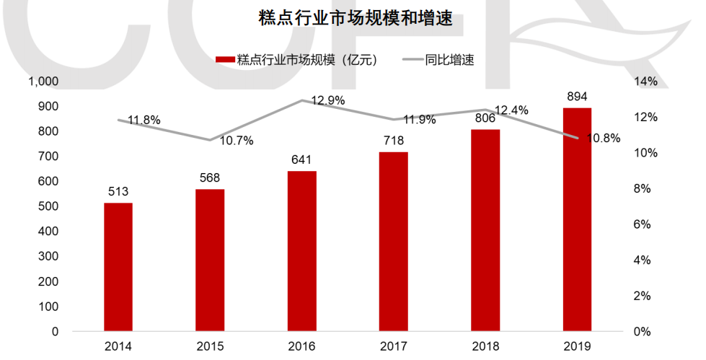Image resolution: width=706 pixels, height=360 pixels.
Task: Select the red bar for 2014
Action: [x=118, y=267]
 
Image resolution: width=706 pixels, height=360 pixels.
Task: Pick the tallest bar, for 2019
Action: [x=577, y=219]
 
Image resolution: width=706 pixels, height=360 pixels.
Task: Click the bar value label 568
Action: [x=210, y=178]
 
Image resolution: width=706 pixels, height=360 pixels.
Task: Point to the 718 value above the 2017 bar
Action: [x=394, y=141]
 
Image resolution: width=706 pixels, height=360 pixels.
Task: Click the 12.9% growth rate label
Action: [x=328, y=100]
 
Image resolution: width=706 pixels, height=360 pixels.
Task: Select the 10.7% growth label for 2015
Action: [x=237, y=141]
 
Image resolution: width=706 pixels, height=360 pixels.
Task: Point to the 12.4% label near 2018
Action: [x=512, y=110]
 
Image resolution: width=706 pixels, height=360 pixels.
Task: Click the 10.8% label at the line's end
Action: [x=604, y=139]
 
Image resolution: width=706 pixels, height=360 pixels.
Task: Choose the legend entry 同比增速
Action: [x=449, y=60]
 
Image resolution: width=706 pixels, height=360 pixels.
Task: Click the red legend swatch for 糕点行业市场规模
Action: [x=224, y=60]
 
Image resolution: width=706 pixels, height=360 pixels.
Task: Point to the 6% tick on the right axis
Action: [x=642, y=224]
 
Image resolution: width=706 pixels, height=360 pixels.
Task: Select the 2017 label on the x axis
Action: [x=394, y=347]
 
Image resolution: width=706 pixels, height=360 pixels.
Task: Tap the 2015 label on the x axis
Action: [x=210, y=347]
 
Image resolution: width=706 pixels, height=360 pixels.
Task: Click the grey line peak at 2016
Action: [x=301, y=100]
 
